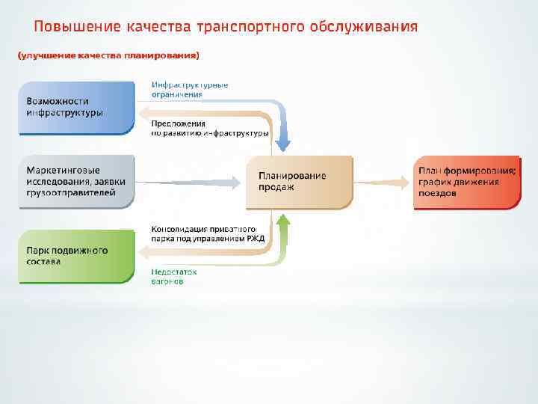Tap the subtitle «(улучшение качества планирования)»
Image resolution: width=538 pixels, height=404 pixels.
pyautogui.click(x=108, y=55)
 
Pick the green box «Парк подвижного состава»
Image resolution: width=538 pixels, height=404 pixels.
pyautogui.click(x=75, y=256)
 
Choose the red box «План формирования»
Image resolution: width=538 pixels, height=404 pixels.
pyautogui.click(x=467, y=182)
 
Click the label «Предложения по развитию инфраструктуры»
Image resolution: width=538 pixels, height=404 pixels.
pyautogui.click(x=209, y=128)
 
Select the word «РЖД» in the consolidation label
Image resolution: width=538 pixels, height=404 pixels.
pyautogui.click(x=256, y=239)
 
